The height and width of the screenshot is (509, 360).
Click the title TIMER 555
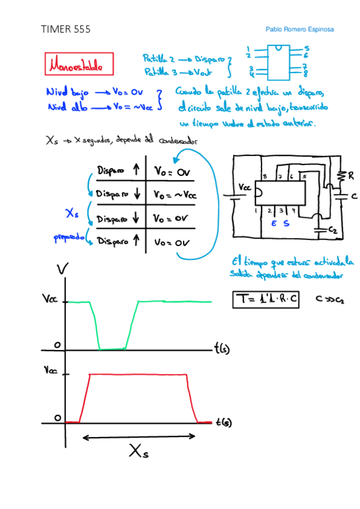click(65, 29)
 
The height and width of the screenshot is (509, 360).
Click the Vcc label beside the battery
click(245, 188)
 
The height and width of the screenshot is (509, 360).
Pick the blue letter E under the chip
click(274, 223)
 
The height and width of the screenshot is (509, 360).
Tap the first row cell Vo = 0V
click(172, 172)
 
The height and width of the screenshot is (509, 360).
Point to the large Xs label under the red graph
click(138, 452)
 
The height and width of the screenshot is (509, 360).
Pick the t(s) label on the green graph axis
click(224, 347)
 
